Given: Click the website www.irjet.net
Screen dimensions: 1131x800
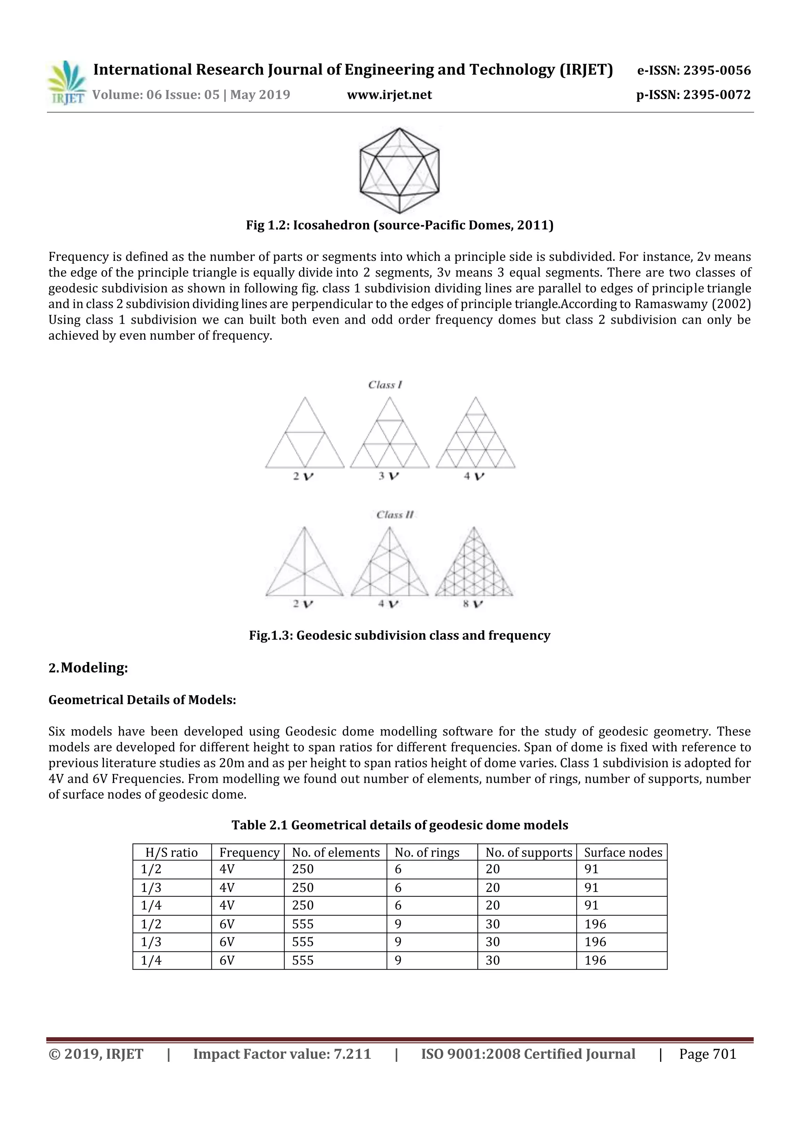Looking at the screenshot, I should tap(389, 95).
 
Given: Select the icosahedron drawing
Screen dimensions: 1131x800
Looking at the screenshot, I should tap(400, 170).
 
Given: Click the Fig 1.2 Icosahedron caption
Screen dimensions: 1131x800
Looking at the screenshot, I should tap(400, 226).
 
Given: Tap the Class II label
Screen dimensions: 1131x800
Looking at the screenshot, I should tap(395, 515).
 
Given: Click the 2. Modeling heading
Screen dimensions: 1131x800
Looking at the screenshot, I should tap(89, 668).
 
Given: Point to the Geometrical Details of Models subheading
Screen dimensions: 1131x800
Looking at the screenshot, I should tap(142, 700).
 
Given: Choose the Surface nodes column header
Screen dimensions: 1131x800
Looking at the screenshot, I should tap(623, 853).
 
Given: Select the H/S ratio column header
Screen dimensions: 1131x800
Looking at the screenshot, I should tap(171, 853).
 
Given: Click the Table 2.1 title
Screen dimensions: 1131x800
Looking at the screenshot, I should tap(400, 825).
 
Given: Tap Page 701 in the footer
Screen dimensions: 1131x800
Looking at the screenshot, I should tap(707, 1054).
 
